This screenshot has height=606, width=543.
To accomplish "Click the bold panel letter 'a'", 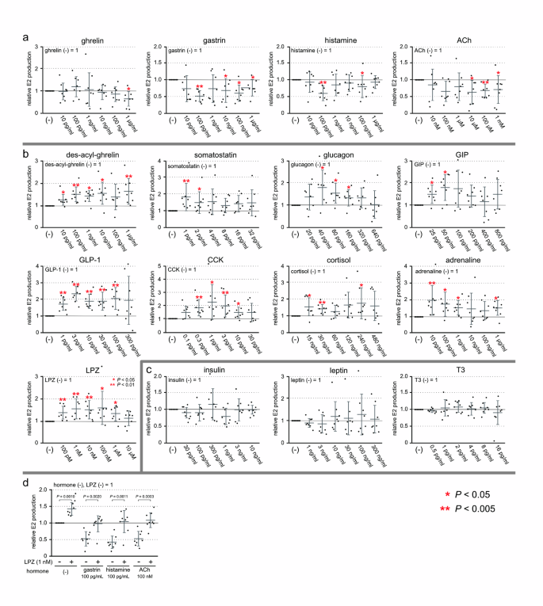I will (x=26, y=36).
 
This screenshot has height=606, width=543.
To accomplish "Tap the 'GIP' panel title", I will (x=461, y=155).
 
